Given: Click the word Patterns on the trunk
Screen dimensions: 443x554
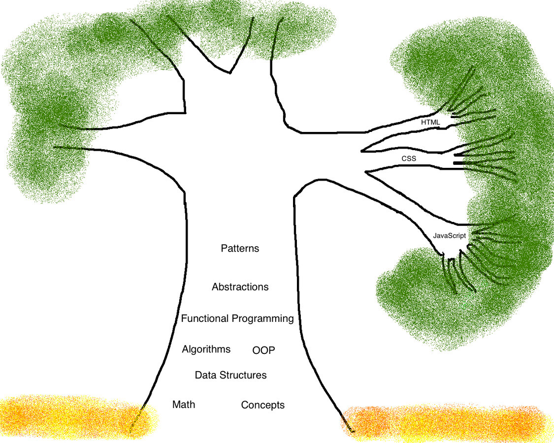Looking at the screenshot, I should pyautogui.click(x=240, y=249).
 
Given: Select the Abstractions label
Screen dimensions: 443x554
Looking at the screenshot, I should pyautogui.click(x=240, y=286).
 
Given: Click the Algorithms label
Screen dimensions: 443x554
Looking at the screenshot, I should pyautogui.click(x=206, y=349).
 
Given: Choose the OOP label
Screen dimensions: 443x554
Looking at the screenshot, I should pyautogui.click(x=263, y=350).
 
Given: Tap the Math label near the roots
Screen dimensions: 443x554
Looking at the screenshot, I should pyautogui.click(x=184, y=405).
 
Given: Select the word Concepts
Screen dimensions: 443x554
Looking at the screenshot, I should pyautogui.click(x=262, y=405).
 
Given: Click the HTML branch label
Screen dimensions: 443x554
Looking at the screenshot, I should pyautogui.click(x=430, y=121).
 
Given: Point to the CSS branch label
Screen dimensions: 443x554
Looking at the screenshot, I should pyautogui.click(x=409, y=158).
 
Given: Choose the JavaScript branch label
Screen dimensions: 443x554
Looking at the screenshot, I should pyautogui.click(x=449, y=236).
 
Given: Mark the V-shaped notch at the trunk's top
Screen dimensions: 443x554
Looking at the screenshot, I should pyautogui.click(x=229, y=72).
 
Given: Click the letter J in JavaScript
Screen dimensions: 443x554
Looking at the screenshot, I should pyautogui.click(x=434, y=236).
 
